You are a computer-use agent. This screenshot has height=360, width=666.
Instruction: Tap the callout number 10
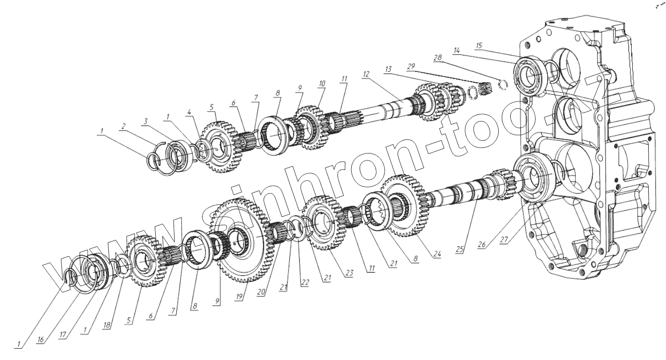(x=322, y=84)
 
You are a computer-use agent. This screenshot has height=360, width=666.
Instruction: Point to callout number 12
(x=366, y=75)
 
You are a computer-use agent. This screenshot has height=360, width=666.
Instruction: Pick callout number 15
(x=479, y=45)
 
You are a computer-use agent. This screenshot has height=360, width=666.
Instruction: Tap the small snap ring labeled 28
(x=503, y=85)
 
